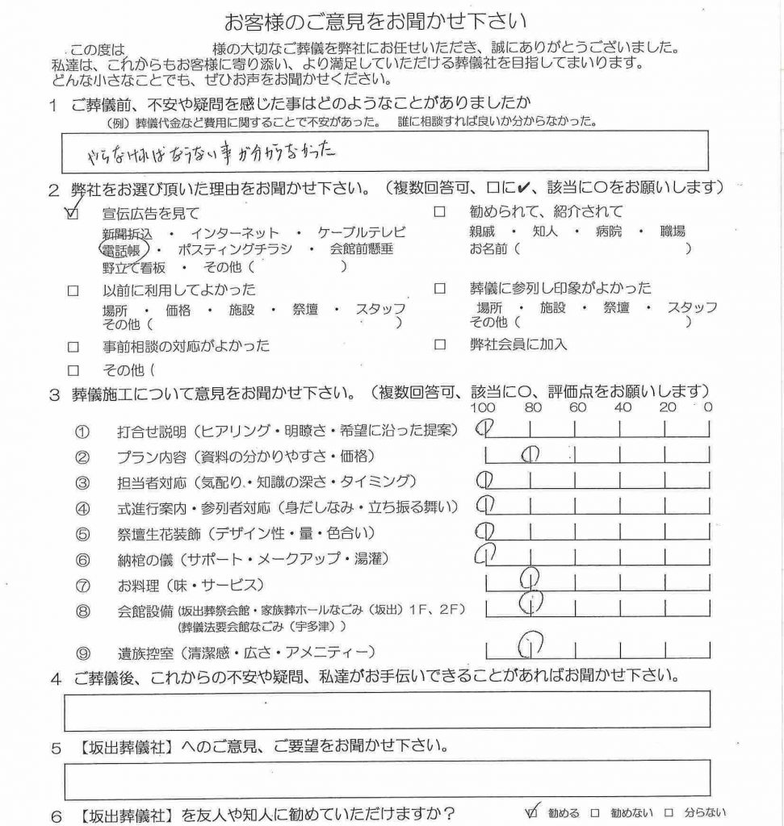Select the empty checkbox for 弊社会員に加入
[x=440, y=344]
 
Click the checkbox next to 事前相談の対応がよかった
[x=74, y=347]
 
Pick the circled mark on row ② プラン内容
[x=530, y=456]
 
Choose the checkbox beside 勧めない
[x=595, y=813]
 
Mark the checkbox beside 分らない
[x=669, y=813]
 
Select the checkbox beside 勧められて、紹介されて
[x=440, y=213]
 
